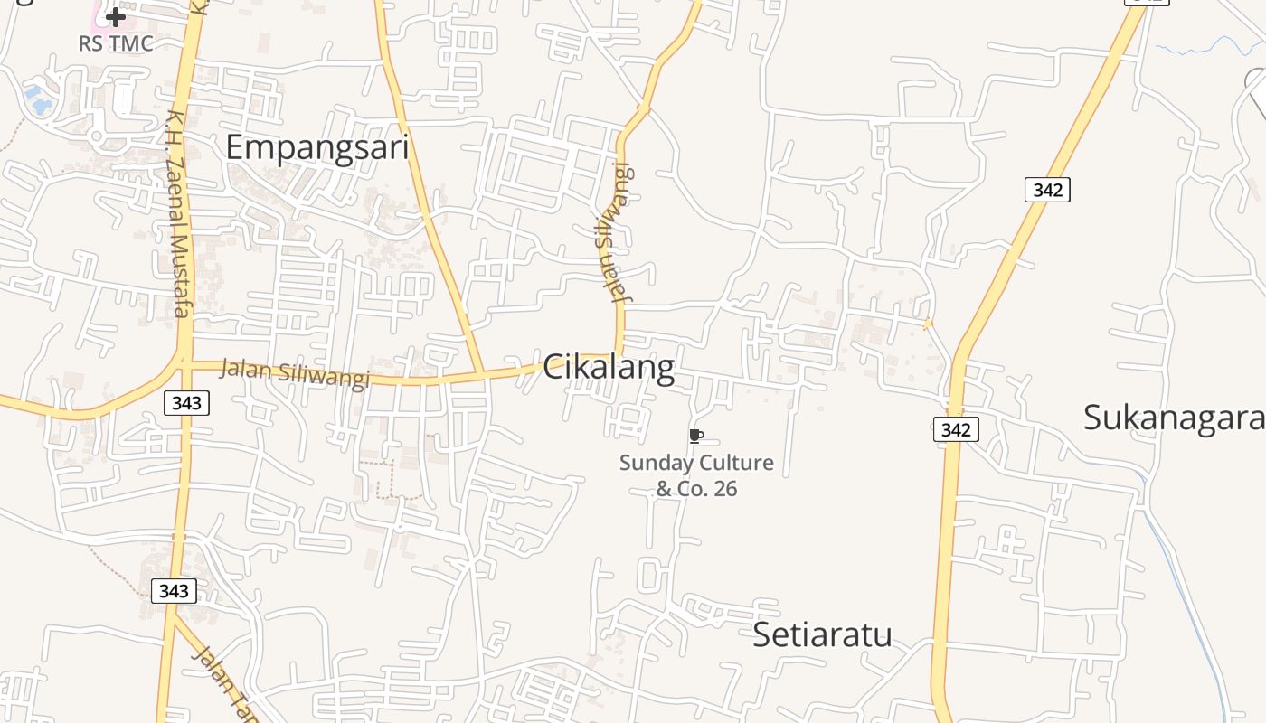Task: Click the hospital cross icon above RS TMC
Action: point(115,16)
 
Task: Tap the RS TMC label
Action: point(115,42)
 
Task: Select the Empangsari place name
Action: point(316,146)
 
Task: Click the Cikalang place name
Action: point(609,368)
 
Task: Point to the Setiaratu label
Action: point(822,634)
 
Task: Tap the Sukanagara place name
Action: point(1173,417)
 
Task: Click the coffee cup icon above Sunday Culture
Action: point(695,437)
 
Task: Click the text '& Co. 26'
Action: point(696,489)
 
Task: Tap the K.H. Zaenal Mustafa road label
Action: point(178,213)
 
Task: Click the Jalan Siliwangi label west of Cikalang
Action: point(295,373)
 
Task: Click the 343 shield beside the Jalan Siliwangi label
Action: point(186,403)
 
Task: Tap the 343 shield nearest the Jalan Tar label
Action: point(173,591)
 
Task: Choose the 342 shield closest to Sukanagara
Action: point(956,430)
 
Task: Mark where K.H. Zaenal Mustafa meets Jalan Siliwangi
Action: point(185,363)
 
